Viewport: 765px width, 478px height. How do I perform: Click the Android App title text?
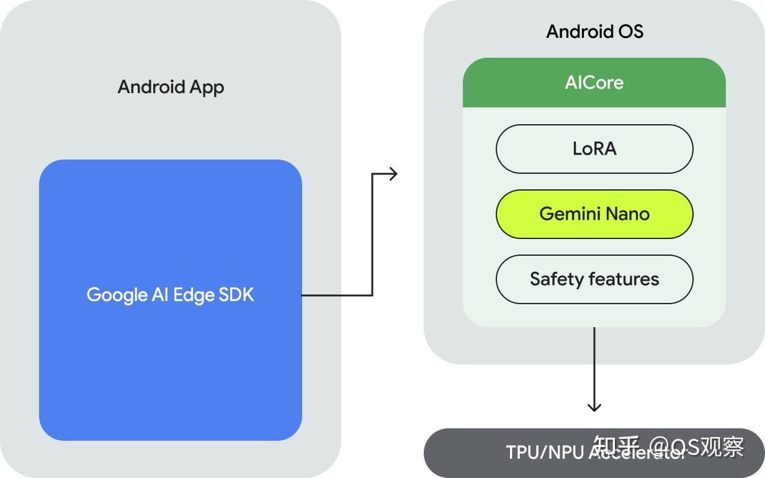coord(171,87)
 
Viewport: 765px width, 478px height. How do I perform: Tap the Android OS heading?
coord(594,32)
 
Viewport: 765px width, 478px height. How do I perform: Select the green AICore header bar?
coord(594,83)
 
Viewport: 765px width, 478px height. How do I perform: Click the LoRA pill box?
coord(594,149)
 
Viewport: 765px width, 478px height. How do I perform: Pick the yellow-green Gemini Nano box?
coord(594,214)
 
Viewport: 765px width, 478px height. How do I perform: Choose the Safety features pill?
coord(594,279)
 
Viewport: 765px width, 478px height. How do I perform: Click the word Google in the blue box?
coord(117,295)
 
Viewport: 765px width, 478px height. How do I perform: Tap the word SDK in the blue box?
coord(236,294)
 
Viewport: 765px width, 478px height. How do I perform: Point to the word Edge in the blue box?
coord(194,295)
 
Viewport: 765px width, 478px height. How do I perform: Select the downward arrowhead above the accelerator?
coord(594,407)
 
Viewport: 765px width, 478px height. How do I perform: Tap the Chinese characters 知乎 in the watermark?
coord(616,446)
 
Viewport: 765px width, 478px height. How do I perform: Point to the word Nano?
coord(627,214)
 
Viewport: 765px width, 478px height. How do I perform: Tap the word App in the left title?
coord(205,88)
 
